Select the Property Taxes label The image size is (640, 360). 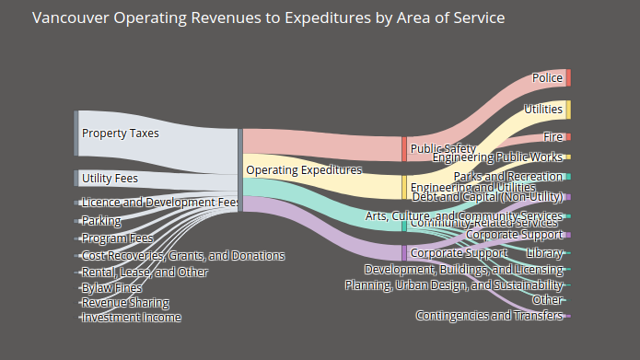coord(120,134)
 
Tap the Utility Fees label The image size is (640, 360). coord(109,179)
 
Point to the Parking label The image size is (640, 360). coord(101,221)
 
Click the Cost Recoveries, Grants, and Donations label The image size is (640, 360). coord(183,256)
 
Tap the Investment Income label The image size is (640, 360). coord(131,318)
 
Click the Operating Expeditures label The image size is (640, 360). coord(304,170)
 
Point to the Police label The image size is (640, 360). coord(547,78)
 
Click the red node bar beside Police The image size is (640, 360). coord(568,78)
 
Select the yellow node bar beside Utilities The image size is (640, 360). coord(568,110)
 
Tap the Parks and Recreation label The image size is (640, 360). coord(507,177)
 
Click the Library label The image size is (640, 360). coord(544,252)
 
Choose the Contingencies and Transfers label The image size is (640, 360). coord(489,316)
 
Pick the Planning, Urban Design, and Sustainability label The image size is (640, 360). coord(453,285)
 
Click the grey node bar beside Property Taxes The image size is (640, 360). coord(76,134)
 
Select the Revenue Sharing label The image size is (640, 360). coord(125,303)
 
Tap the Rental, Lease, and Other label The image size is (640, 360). coord(145,273)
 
